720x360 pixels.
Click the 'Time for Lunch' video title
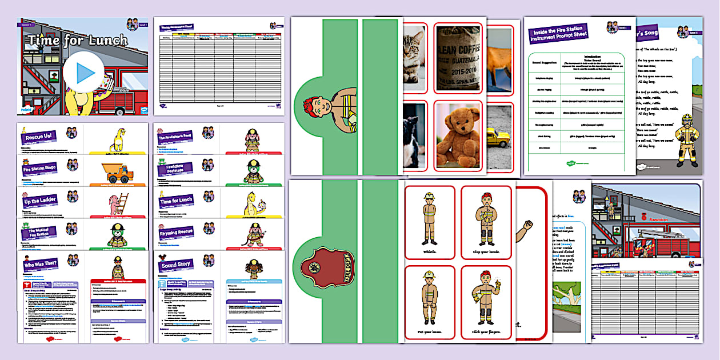pyautogui.click(x=78, y=41)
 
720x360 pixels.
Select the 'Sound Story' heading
pyautogui.click(x=177, y=265)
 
